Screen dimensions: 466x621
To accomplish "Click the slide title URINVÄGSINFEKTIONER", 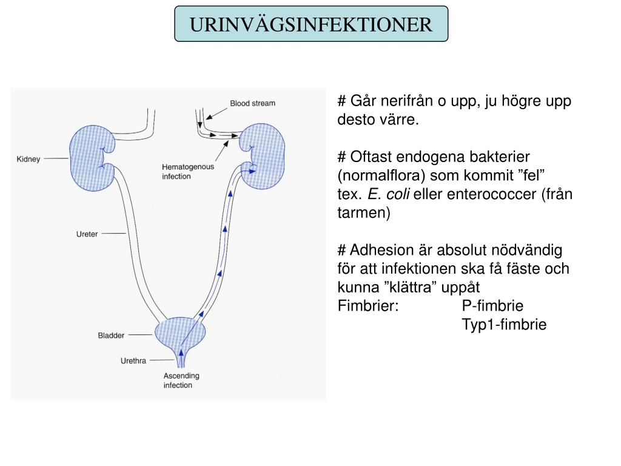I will (311, 24).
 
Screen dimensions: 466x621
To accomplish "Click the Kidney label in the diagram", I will (28, 159).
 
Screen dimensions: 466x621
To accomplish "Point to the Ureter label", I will (87, 234).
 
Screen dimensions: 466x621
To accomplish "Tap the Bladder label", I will (111, 335).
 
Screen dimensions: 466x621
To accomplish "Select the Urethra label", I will (133, 361).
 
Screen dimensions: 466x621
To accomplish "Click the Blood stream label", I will (252, 103).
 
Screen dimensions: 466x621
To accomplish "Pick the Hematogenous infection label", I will (187, 172).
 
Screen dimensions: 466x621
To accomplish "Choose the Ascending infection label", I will (181, 380).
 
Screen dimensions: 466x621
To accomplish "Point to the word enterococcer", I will (487, 195).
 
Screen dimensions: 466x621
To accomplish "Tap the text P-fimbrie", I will (492, 305).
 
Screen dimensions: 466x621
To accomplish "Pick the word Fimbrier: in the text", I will (368, 305).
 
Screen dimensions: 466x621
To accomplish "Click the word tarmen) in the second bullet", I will (364, 214).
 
